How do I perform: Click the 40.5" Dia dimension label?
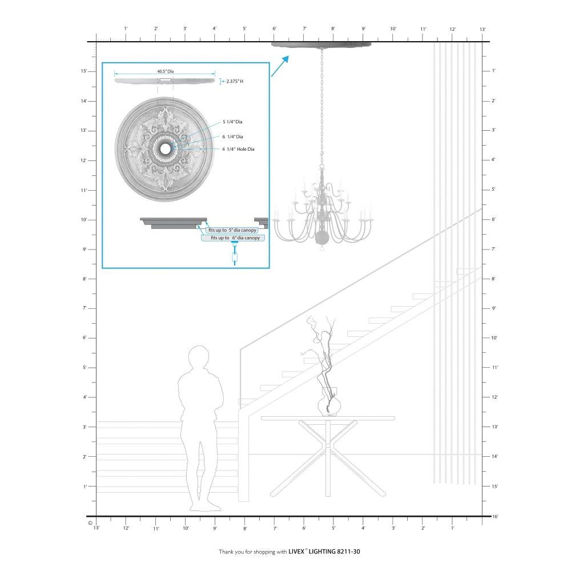point(166,71)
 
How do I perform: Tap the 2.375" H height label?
point(235,81)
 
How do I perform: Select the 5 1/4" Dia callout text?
point(232,122)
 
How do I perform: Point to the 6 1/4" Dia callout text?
point(233,136)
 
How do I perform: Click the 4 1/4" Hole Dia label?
point(238,149)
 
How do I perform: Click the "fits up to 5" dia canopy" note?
point(232,230)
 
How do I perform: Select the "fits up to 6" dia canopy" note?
point(233,238)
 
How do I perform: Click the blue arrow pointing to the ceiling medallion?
point(280,66)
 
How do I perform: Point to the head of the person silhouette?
point(199,357)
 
